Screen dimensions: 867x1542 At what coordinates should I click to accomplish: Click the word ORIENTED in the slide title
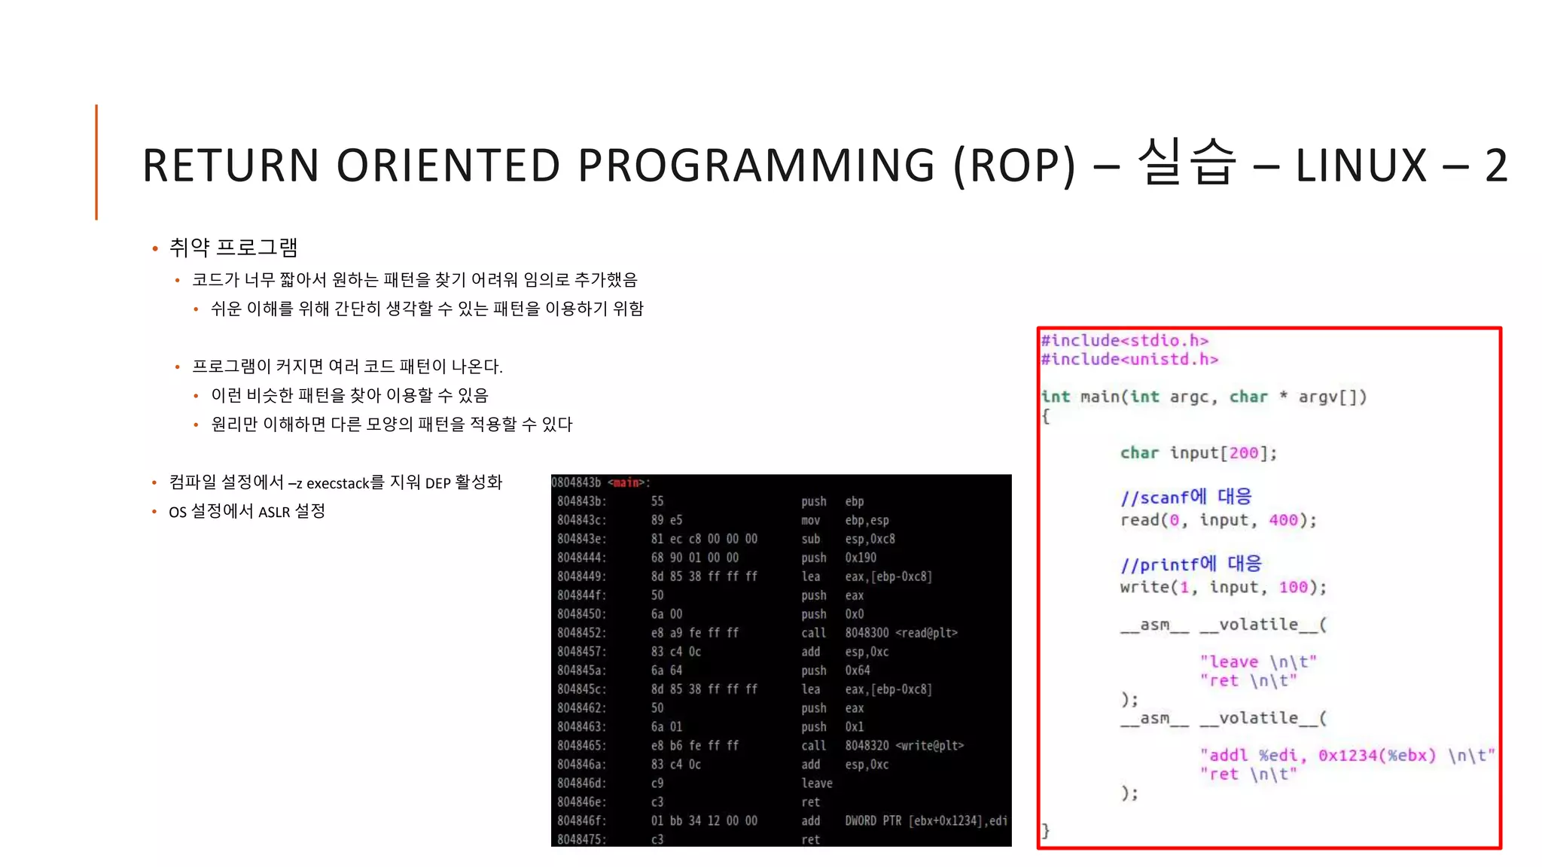(448, 166)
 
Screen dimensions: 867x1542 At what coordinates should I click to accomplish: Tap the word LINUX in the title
(1361, 166)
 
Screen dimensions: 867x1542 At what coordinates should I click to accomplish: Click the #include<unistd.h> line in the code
(1129, 360)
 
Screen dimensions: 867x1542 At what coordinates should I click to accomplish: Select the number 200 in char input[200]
(1243, 453)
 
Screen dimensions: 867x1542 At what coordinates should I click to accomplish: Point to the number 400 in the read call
(1283, 520)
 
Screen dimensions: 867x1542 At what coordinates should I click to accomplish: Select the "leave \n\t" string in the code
(1257, 662)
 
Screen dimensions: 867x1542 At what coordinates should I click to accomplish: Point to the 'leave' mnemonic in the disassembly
(817, 783)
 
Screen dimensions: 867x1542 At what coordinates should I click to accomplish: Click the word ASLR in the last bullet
(274, 513)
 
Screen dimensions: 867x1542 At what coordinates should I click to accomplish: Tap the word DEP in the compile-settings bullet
(437, 483)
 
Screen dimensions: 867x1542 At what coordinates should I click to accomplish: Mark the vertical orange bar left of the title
(96, 162)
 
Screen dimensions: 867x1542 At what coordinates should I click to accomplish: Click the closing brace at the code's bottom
(1045, 830)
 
